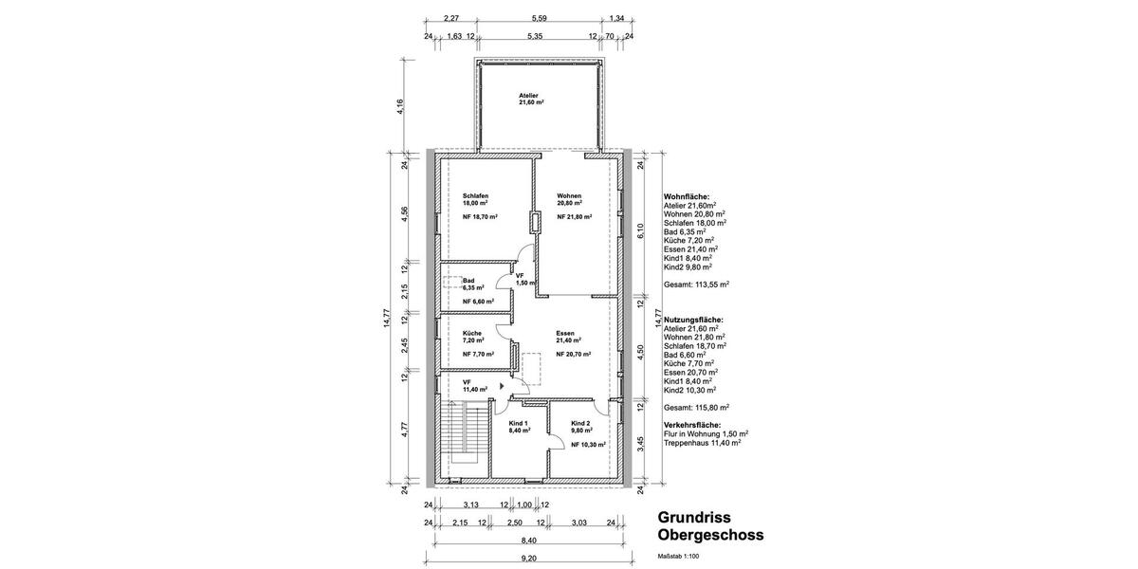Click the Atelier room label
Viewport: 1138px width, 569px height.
(528, 96)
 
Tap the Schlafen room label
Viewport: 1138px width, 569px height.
(475, 195)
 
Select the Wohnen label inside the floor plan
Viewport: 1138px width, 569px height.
(569, 195)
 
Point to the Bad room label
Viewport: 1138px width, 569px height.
(468, 281)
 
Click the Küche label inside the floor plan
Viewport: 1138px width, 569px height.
(472, 333)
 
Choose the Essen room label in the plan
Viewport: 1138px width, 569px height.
(566, 333)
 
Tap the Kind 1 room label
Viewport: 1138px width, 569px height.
(519, 423)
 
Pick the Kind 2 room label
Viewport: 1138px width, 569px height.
(581, 423)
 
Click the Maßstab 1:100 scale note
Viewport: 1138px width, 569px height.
(677, 556)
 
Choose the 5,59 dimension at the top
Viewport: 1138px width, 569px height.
(539, 18)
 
